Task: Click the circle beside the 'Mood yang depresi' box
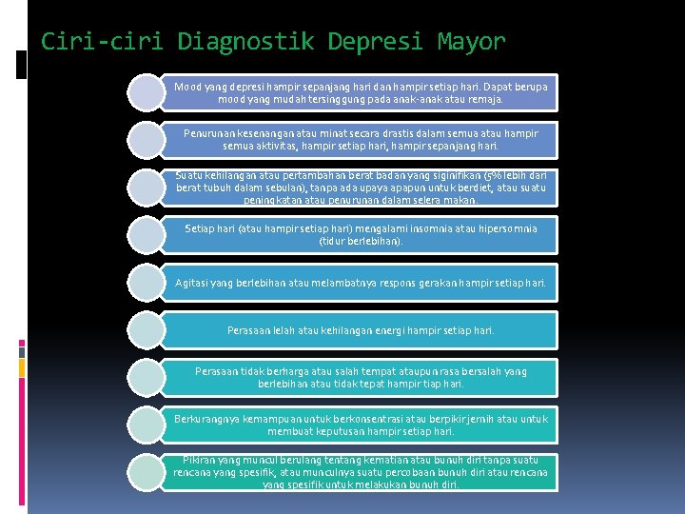point(147,92)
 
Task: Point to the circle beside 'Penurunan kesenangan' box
point(147,140)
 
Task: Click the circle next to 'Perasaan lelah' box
point(147,330)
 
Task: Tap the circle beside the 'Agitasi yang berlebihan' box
point(147,283)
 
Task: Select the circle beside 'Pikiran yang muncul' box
point(147,473)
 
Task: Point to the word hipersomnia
point(504,228)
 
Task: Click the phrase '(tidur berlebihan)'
point(361,241)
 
